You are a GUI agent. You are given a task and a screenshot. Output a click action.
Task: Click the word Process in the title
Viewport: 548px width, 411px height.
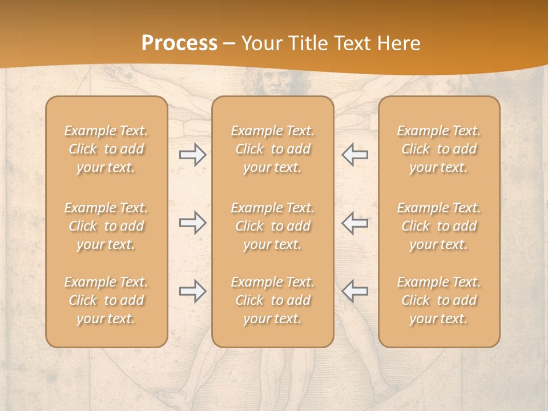coord(179,43)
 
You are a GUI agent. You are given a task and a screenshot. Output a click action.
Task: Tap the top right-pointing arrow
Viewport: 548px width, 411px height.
coord(192,155)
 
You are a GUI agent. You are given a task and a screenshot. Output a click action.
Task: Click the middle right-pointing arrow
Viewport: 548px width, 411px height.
coord(192,223)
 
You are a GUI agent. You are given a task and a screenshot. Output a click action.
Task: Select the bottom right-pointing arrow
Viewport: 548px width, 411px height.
coord(192,291)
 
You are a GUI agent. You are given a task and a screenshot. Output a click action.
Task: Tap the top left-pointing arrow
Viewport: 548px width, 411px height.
coord(354,155)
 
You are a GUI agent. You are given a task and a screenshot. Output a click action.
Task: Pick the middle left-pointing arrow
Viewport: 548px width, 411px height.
coord(354,223)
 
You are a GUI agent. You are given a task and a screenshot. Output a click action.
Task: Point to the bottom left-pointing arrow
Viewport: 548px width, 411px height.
coord(354,291)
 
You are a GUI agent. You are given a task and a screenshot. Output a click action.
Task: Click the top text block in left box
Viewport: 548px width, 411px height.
coord(106,149)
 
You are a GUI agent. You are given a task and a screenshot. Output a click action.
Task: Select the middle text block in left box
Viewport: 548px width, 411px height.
coord(106,226)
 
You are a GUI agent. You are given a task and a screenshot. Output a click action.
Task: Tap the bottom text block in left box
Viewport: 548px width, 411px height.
coord(106,300)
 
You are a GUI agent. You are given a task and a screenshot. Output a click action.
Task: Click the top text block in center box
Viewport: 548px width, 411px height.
coord(272,149)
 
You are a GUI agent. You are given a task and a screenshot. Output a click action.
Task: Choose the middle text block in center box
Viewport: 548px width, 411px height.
coord(272,226)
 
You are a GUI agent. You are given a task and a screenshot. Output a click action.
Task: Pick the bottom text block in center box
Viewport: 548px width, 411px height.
coord(272,300)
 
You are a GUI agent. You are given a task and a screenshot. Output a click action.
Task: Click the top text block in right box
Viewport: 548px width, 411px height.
coord(438,149)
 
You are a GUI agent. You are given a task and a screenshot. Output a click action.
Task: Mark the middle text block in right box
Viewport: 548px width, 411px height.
coord(438,226)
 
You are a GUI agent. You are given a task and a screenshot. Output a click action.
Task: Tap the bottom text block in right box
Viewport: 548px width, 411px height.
coord(438,300)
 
